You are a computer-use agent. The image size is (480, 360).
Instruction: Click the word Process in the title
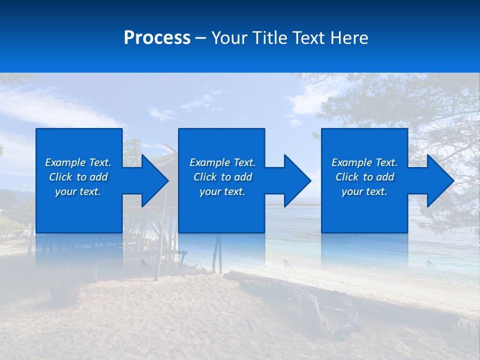[157, 38]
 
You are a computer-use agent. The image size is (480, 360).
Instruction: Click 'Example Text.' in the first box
[78, 162]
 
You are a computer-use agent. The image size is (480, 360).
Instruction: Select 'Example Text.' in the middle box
[222, 162]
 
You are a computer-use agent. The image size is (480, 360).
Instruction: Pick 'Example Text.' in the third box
[364, 162]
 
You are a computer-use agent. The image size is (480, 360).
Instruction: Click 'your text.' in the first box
[78, 191]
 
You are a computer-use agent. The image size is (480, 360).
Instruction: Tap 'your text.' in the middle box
[222, 191]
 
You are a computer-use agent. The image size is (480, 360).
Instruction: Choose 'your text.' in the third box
[364, 191]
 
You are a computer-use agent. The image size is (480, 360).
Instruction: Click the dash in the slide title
[200, 38]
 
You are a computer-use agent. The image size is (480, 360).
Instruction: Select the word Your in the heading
[229, 38]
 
